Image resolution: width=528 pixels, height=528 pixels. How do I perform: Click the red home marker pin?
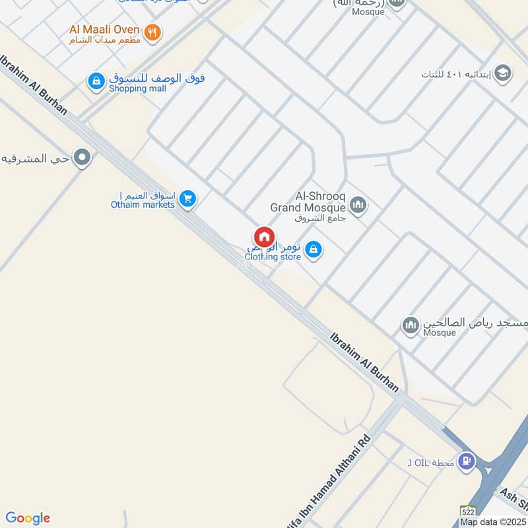click(264, 237)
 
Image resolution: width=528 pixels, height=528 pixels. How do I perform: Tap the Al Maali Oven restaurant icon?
click(152, 32)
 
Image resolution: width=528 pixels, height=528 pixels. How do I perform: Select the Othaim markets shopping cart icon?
click(187, 199)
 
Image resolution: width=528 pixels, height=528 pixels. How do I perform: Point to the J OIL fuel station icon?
click(467, 461)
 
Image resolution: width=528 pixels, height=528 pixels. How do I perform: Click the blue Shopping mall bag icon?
click(96, 82)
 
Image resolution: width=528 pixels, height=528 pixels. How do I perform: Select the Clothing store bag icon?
click(314, 249)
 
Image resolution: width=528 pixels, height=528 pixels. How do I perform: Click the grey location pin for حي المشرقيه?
click(82, 158)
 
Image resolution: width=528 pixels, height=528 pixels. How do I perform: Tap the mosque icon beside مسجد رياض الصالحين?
click(411, 325)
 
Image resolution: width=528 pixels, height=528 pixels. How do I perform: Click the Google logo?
click(28, 518)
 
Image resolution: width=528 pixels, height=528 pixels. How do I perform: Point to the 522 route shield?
click(469, 511)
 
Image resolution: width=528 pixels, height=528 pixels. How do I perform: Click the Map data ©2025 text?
click(493, 522)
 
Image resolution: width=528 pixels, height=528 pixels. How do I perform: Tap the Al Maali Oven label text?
click(105, 30)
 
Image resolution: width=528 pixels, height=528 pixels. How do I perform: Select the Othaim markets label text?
click(143, 205)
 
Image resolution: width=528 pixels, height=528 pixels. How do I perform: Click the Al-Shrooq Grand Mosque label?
click(308, 203)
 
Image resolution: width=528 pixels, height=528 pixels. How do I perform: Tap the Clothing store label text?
click(273, 257)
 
